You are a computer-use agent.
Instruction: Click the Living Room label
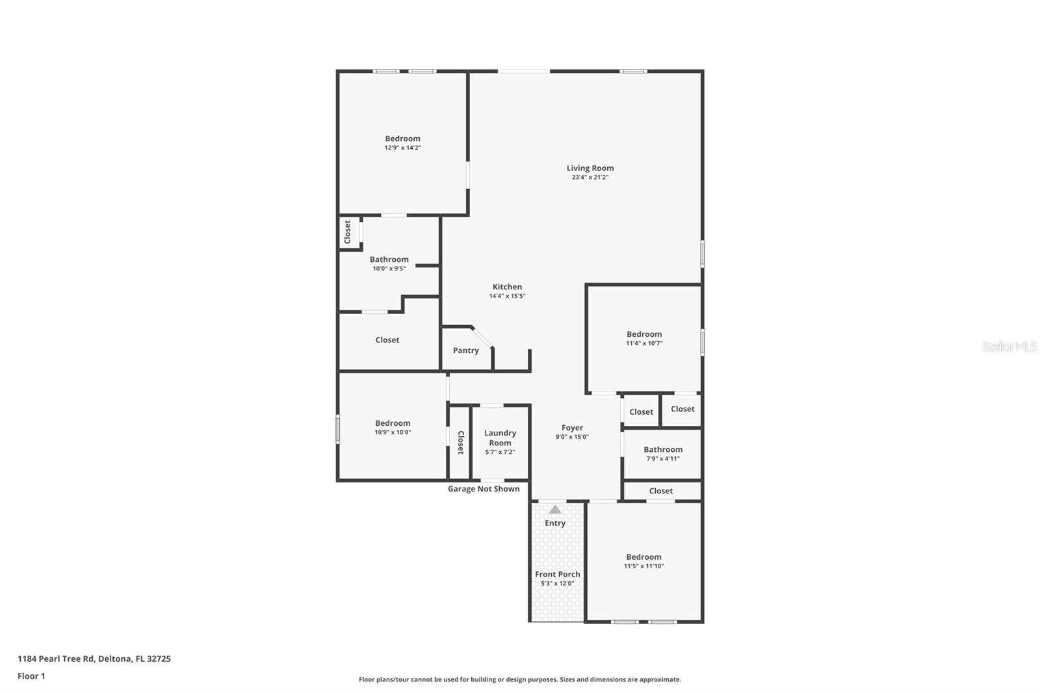click(x=590, y=168)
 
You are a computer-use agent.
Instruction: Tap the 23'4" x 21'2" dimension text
click(x=590, y=177)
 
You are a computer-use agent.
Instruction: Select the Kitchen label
click(x=507, y=287)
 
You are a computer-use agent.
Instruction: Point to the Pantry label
click(x=465, y=350)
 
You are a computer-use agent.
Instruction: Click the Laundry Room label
click(x=500, y=438)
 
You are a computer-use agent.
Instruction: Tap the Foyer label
click(x=572, y=428)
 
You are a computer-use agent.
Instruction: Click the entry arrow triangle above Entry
click(x=555, y=510)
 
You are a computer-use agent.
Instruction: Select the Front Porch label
click(x=557, y=574)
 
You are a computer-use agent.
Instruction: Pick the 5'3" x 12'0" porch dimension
click(x=557, y=584)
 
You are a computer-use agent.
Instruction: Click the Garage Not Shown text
click(x=484, y=489)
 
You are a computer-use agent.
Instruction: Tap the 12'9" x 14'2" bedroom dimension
click(x=402, y=148)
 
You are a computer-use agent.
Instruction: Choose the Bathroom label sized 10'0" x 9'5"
click(x=389, y=259)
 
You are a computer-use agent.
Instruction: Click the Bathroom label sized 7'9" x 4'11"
click(x=662, y=449)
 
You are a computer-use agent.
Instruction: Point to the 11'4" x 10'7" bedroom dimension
click(x=643, y=344)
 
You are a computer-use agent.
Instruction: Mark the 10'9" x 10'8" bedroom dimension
click(x=393, y=432)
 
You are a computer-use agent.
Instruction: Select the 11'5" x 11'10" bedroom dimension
click(x=643, y=566)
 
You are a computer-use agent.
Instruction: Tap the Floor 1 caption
click(x=31, y=676)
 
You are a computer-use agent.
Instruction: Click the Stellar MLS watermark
click(x=1009, y=346)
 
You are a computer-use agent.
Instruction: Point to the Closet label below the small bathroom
click(x=660, y=491)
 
